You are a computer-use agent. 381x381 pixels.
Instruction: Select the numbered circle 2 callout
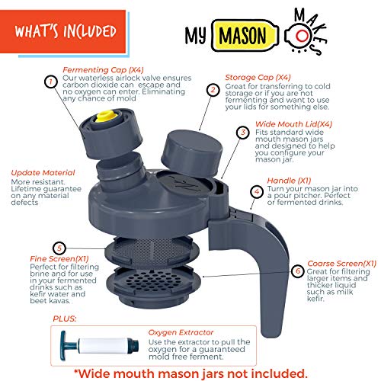tap(213, 89)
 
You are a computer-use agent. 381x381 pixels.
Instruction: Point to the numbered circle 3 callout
tap(243, 132)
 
